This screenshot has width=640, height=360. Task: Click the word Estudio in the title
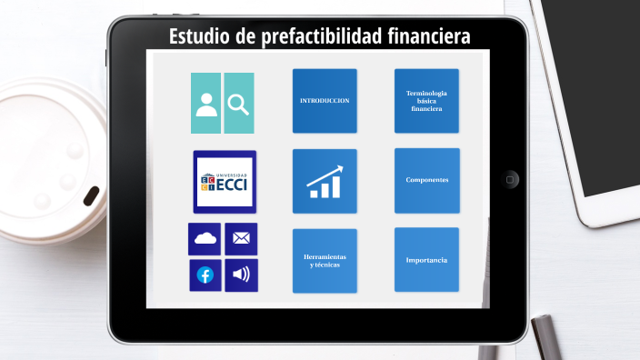point(201,37)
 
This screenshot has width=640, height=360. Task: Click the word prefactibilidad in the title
point(314,37)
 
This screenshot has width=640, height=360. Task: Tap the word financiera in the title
point(425,37)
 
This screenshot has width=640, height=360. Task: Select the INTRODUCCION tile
point(325,101)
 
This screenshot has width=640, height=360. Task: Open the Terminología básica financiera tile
point(426,101)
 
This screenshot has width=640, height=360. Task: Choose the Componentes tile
point(426,180)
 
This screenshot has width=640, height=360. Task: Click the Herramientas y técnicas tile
point(325,261)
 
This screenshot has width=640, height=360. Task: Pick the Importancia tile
point(426,261)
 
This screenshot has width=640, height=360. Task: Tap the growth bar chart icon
point(325,181)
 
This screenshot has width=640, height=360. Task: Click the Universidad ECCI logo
point(225,182)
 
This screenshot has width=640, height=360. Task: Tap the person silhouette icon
point(206,104)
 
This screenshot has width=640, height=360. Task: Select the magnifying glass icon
point(239,104)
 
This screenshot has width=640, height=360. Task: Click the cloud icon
point(205,239)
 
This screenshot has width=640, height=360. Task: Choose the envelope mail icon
point(241,239)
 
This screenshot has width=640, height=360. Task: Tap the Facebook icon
point(205,275)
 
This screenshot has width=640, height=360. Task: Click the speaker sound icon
point(241,275)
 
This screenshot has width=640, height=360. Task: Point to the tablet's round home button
point(511,179)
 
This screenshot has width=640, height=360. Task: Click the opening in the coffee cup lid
point(92,195)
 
